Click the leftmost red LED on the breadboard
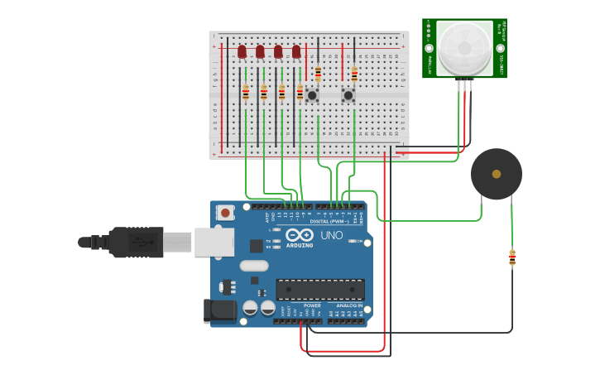point(242,52)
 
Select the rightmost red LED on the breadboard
point(296,52)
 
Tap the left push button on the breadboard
point(312,95)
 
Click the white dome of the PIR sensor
point(464,47)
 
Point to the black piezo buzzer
point(496,174)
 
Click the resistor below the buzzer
point(512,258)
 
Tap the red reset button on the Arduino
point(225,213)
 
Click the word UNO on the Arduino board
point(331,235)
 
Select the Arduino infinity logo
point(298,235)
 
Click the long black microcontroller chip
point(319,289)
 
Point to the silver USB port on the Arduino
point(214,242)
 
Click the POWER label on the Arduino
point(312,305)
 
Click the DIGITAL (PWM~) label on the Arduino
point(328,221)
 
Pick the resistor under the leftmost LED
point(246,93)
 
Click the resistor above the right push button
point(354,74)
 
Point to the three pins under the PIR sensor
point(465,84)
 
